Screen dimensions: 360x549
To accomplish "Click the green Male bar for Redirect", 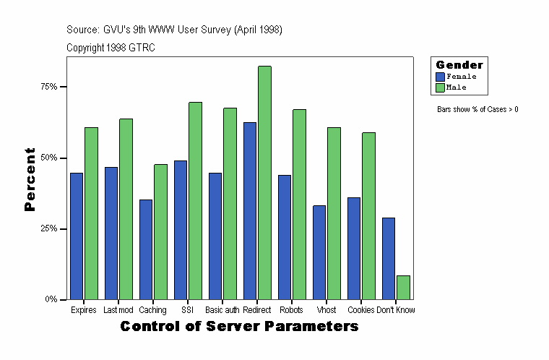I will pos(264,183).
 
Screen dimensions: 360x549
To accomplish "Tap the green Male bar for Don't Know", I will pos(403,287).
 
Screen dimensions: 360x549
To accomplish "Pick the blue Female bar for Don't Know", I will pos(389,258).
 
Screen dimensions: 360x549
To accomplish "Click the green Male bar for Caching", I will pos(160,231).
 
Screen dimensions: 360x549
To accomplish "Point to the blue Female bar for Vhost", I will pos(319,252).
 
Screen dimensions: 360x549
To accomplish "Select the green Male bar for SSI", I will pos(195,200).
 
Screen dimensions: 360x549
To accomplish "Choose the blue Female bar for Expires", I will pos(77,236).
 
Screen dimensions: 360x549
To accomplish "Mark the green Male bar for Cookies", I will pos(368,215).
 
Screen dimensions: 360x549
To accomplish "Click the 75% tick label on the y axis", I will pos(49,87).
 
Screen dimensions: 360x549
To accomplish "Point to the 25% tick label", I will pos(49,228).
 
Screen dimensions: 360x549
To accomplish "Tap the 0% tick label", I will pos(51,299).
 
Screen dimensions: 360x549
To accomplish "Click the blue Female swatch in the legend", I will pos(440,76).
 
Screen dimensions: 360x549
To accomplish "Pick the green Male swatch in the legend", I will pos(440,87).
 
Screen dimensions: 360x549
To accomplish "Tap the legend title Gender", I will pos(459,65).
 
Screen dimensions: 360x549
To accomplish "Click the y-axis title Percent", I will pos(30,179).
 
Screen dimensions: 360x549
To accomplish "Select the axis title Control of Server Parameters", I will pos(239,327).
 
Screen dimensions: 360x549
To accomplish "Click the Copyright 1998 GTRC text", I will pos(111,48).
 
